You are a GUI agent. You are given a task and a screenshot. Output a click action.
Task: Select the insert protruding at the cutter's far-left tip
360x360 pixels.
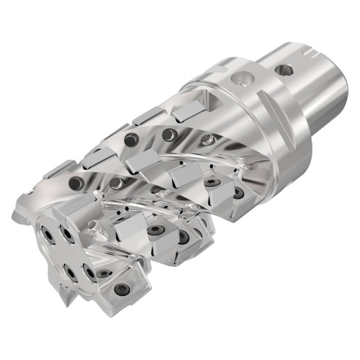pyautogui.click(x=19, y=215)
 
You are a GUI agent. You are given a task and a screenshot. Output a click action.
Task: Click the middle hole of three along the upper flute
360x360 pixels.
pyautogui.click(x=168, y=135)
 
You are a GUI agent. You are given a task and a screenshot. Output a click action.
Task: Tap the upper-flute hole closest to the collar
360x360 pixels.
pyautogui.click(x=207, y=139)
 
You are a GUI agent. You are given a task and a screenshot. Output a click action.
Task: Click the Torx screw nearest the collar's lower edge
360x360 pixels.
pyautogui.click(x=238, y=192)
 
